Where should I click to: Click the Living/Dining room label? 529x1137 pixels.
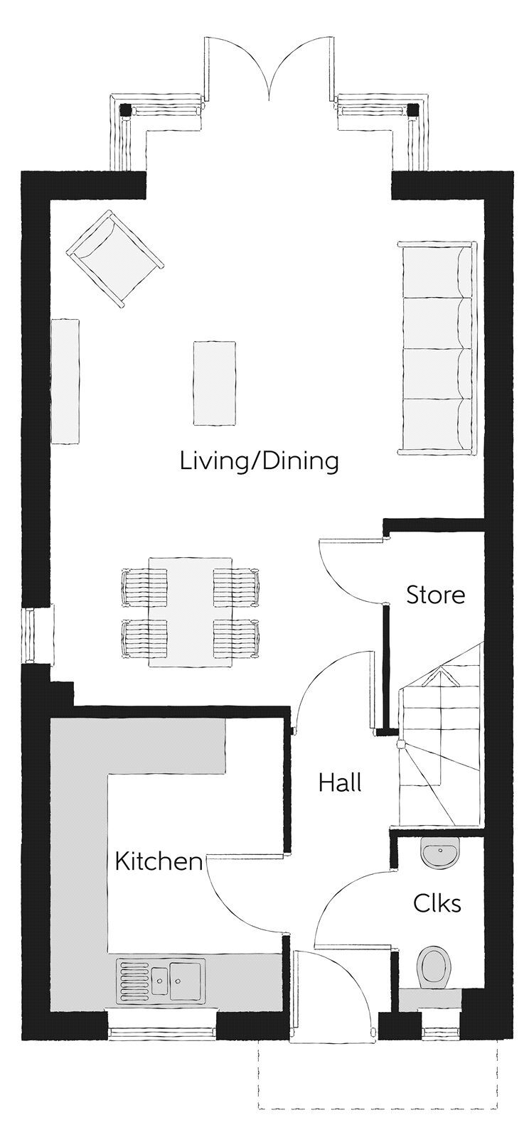[x=259, y=462]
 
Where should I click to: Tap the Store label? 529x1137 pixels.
[x=436, y=595]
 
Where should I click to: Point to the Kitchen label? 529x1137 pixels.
[x=159, y=861]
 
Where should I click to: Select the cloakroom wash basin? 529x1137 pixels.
[x=440, y=851]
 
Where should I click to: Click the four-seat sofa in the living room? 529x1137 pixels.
[x=437, y=347]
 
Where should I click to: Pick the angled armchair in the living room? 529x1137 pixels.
[x=114, y=258]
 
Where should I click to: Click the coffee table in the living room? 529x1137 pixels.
[x=214, y=383]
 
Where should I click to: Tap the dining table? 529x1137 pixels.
[x=191, y=612]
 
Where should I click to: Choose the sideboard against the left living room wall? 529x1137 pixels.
[x=65, y=381]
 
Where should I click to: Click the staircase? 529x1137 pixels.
[x=439, y=733]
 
